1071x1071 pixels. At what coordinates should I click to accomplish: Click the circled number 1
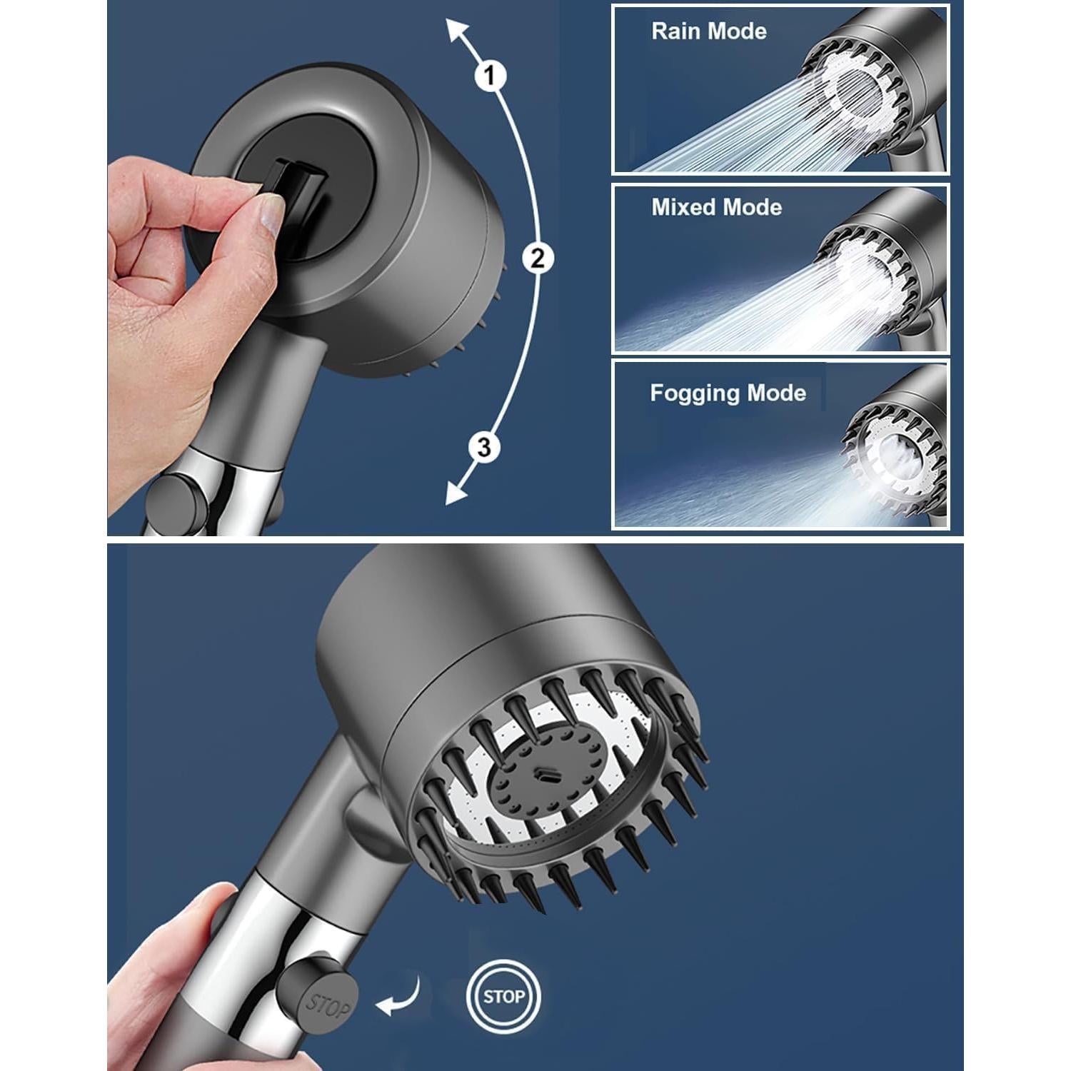click(490, 75)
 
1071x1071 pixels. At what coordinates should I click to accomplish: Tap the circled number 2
click(537, 257)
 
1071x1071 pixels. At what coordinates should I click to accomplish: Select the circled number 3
click(484, 448)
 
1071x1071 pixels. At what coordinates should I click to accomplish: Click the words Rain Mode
click(708, 31)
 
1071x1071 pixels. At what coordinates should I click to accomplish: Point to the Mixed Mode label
click(716, 207)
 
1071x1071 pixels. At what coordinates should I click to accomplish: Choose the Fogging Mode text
click(728, 393)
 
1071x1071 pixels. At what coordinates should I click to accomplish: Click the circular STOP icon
click(503, 996)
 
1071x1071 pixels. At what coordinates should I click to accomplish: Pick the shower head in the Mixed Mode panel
click(878, 268)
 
